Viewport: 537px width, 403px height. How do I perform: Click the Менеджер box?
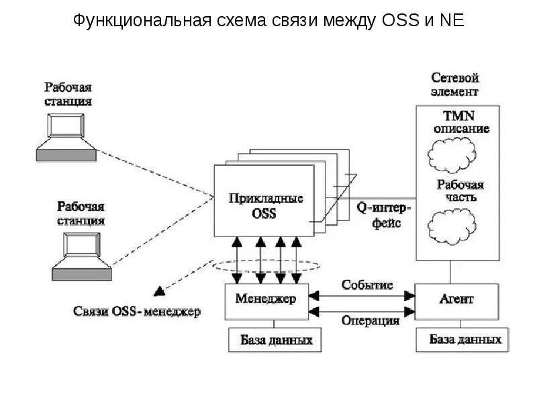265,298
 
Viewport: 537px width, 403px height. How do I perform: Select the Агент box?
457,298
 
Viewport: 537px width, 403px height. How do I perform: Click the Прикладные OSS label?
265,206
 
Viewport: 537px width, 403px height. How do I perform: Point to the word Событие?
367,285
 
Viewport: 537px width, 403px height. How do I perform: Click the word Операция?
371,320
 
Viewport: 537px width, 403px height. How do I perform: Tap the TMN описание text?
457,122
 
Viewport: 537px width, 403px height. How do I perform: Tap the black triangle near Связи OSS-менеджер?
159,291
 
